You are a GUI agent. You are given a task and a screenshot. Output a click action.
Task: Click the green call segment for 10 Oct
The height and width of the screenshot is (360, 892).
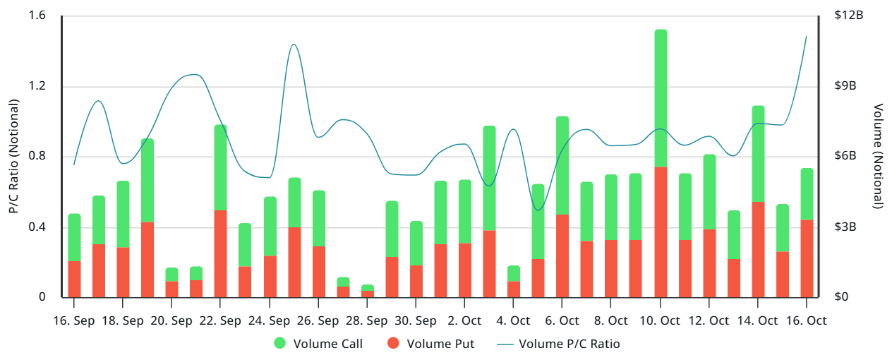tap(661, 98)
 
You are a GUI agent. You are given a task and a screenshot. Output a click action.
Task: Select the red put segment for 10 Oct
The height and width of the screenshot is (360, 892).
tap(661, 232)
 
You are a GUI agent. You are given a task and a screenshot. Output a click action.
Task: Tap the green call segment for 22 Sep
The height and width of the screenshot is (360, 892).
tap(220, 167)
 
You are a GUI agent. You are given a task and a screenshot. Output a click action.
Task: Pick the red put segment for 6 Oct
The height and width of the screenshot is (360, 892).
tap(562, 256)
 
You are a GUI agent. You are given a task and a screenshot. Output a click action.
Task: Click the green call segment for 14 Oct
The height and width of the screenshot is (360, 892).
tap(759, 154)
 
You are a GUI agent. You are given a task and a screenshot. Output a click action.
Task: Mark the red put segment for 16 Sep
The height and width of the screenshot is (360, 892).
tap(74, 279)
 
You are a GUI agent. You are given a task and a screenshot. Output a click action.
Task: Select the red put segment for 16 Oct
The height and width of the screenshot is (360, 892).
tap(807, 258)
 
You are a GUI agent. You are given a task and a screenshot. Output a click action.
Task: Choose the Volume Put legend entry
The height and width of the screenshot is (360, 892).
tap(431, 344)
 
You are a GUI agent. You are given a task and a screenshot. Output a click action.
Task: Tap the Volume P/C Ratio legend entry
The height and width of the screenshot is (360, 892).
tap(558, 344)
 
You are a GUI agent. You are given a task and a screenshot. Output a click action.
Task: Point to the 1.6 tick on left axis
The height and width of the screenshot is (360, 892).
tap(37, 16)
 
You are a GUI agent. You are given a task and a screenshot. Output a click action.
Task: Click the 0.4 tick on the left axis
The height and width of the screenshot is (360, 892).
tap(37, 227)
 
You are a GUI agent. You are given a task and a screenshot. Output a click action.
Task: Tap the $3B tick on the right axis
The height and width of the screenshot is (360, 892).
tap(845, 227)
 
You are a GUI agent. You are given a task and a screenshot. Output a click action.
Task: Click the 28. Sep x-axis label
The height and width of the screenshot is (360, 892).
tap(367, 320)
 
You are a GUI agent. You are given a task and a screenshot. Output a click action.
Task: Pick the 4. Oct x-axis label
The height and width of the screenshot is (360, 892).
tap(513, 320)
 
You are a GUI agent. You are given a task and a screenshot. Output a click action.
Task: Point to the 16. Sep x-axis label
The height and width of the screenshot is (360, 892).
tap(74, 320)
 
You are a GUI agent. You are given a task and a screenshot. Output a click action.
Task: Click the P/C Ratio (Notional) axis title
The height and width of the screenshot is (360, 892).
tap(13, 156)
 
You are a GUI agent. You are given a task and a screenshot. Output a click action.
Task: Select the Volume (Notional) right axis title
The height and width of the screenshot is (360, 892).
tap(879, 156)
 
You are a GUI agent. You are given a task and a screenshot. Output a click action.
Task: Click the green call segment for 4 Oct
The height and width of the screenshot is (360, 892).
tap(514, 273)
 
